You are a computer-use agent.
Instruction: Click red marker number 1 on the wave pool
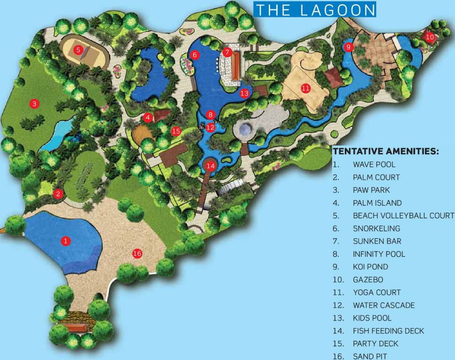66,241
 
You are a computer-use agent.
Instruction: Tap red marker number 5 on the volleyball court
79,49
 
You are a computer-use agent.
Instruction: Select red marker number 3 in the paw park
34,104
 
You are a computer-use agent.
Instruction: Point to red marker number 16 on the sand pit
137,254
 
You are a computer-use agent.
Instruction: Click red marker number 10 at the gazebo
430,37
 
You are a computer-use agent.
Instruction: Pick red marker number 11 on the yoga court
306,88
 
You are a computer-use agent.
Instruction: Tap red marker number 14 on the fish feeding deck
211,165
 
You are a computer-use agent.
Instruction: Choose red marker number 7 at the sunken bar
227,52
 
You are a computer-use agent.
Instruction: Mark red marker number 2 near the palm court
58,193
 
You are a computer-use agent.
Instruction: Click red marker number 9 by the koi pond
348,47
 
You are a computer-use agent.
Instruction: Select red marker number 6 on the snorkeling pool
195,55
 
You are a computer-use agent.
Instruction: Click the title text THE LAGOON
315,10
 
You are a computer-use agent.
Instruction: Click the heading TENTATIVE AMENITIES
386,151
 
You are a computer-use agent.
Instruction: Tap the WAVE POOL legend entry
374,165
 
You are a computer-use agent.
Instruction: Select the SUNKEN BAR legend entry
377,241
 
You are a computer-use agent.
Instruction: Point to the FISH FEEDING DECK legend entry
388,331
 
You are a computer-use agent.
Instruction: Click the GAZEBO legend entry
368,280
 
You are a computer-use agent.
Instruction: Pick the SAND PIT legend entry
370,356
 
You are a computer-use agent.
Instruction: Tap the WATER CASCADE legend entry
384,305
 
